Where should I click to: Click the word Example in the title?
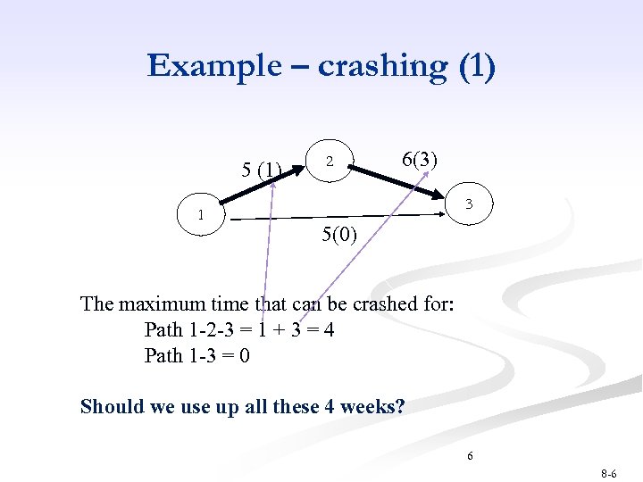point(203,67)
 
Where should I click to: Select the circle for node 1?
point(203,215)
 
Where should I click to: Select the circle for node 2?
point(330,162)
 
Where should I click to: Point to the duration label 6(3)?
point(419,160)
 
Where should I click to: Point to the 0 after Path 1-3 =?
point(244,356)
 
